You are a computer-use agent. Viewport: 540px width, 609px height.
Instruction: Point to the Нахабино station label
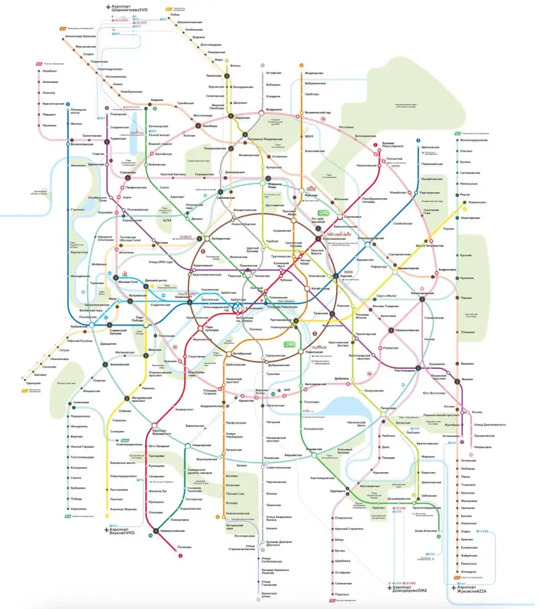(49, 71)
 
